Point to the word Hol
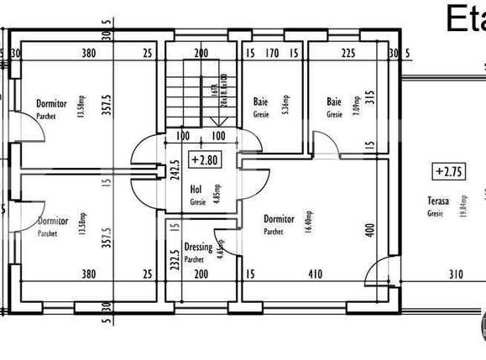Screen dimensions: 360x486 (197, 189)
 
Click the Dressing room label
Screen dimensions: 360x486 (198, 248)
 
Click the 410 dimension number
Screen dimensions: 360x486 (315, 274)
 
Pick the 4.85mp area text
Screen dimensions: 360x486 (216, 194)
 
